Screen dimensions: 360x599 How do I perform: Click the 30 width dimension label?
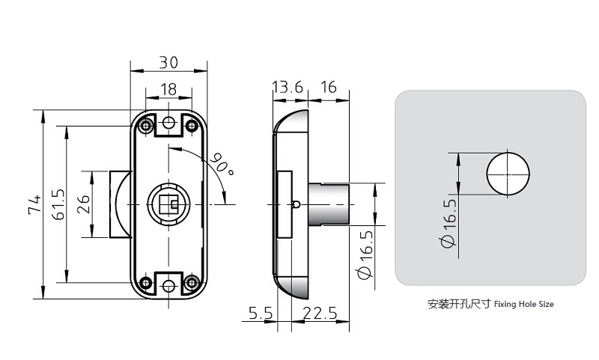pos(168,63)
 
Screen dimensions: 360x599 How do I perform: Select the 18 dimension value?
pos(168,89)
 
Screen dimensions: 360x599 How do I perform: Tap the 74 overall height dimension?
pos(34,205)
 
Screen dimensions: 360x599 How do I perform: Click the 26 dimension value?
pos(83,204)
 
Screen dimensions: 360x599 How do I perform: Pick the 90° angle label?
pos(222,164)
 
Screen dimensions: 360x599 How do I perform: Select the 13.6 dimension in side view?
pos(288,88)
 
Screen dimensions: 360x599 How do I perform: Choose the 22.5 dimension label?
pos(319,315)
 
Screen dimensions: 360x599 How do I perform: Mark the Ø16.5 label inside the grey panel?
pos(449,225)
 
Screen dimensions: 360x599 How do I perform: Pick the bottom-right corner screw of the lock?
pos(192,282)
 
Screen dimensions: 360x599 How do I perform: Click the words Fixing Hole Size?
pos(524,305)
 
